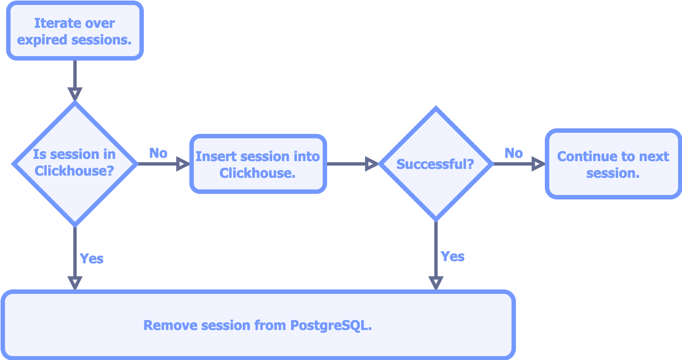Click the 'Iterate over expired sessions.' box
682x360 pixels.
[x=75, y=31]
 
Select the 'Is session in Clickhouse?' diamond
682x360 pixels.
[x=75, y=164]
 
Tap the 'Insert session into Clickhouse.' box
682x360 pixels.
[x=258, y=164]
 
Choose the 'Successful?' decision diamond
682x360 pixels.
[x=435, y=164]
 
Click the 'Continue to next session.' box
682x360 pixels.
[x=613, y=164]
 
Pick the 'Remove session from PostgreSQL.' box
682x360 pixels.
[x=258, y=324]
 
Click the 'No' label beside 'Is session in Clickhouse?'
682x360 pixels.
[x=158, y=153]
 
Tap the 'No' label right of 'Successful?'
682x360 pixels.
[x=514, y=153]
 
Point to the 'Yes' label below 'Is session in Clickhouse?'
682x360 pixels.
[x=92, y=258]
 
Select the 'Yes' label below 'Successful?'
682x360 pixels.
[x=453, y=257]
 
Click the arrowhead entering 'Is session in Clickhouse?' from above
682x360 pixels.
[x=75, y=94]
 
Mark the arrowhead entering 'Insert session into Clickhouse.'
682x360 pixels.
[x=183, y=164]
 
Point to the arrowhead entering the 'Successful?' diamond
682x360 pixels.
[x=372, y=164]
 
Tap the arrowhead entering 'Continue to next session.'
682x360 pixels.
[x=538, y=164]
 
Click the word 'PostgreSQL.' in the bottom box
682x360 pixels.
[x=331, y=326]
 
